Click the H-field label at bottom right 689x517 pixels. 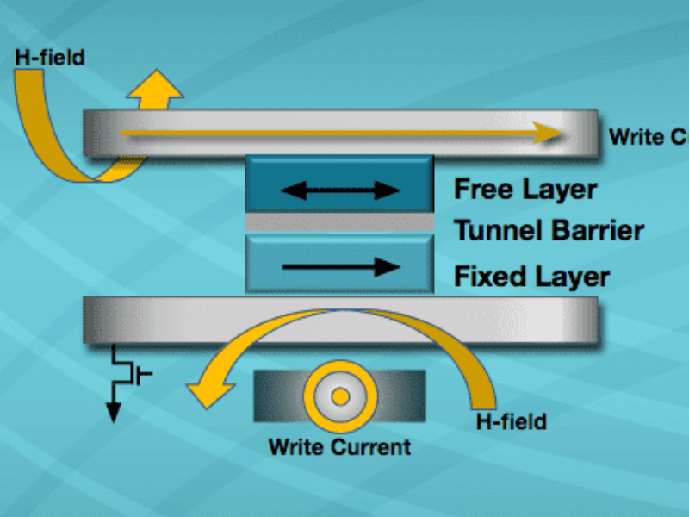[512, 421]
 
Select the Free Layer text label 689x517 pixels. [525, 189]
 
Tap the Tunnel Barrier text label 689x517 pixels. [549, 231]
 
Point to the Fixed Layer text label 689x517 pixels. [531, 277]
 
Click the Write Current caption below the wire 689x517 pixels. [339, 447]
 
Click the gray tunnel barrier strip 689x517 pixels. [339, 222]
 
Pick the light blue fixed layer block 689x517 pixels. [339, 264]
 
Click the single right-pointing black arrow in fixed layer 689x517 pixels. [340, 267]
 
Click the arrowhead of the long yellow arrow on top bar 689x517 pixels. [544, 134]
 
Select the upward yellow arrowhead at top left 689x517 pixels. [154, 84]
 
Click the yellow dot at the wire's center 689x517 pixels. [340, 396]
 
